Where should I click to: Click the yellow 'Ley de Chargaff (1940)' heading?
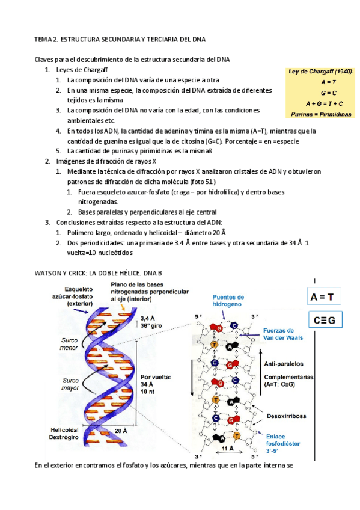(x=321, y=72)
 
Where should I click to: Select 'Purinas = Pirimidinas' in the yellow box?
(x=321, y=114)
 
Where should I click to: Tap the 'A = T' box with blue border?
(x=323, y=296)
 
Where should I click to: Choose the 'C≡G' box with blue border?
(x=325, y=320)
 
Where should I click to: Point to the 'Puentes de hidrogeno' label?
(x=228, y=301)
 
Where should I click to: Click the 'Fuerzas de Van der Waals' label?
(x=282, y=334)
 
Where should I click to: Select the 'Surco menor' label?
(x=69, y=344)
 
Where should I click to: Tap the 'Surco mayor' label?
(x=70, y=384)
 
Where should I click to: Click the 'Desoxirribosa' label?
(x=286, y=416)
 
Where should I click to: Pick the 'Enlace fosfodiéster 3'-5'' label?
(x=282, y=444)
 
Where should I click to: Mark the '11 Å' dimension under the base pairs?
(x=228, y=449)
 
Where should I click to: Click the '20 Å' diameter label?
(x=121, y=431)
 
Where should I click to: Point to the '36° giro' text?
(x=151, y=325)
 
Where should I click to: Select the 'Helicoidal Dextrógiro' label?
(x=64, y=434)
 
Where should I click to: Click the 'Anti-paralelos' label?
(x=283, y=364)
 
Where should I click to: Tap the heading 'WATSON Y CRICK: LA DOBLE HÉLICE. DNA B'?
(x=98, y=273)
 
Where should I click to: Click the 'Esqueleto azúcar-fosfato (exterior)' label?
(x=73, y=296)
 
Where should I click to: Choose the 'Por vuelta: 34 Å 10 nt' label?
(x=155, y=384)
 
